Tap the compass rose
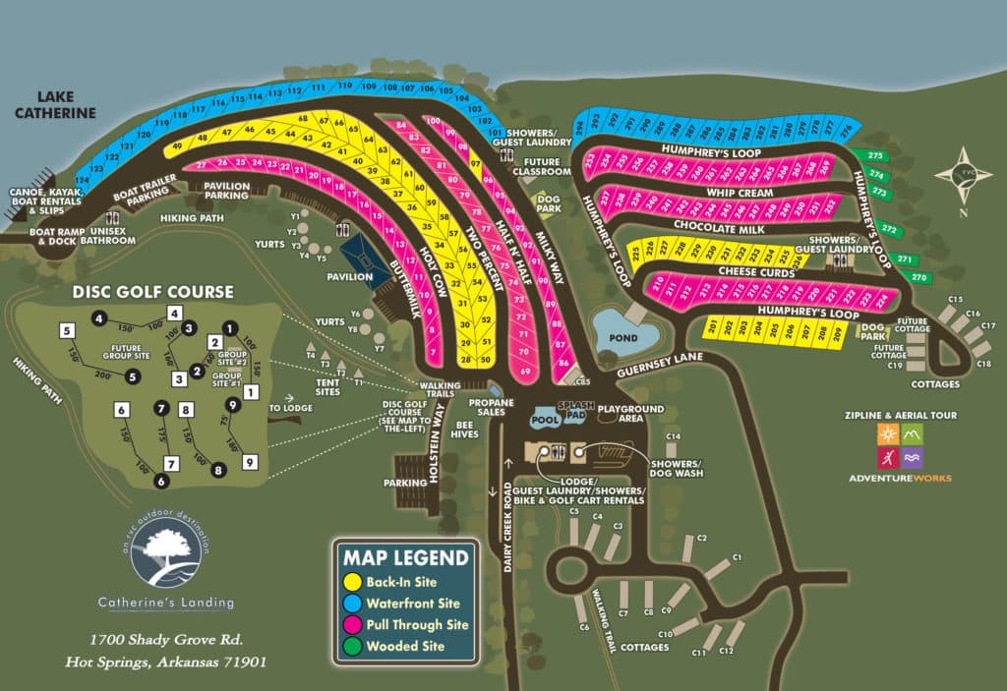[x=963, y=175]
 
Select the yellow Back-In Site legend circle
[x=352, y=582]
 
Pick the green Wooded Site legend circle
[x=352, y=646]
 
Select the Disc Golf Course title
[x=152, y=292]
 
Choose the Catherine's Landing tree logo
[x=166, y=554]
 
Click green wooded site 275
[x=876, y=156]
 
